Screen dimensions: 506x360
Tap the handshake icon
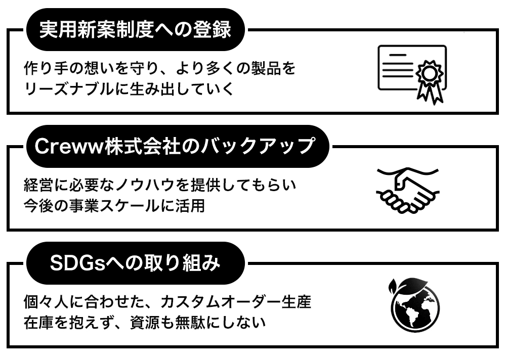pyautogui.click(x=408, y=190)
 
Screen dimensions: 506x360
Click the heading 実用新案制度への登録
pyautogui.click(x=135, y=30)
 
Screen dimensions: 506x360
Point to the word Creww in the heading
pyautogui.click(x=69, y=147)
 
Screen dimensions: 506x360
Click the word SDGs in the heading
pyautogui.click(x=78, y=263)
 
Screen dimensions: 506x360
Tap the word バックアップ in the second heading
pyautogui.click(x=258, y=146)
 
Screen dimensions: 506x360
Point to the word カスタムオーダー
pyautogui.click(x=221, y=302)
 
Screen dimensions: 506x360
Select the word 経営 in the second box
pyautogui.click(x=39, y=185)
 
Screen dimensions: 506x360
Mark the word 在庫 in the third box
pyautogui.click(x=39, y=322)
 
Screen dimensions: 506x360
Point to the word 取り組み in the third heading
pyautogui.click(x=188, y=263)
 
